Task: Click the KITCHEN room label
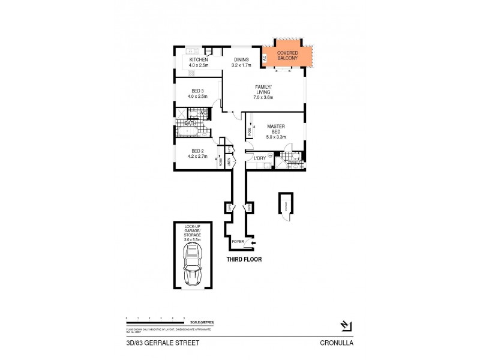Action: (x=199, y=60)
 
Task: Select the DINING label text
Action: (x=241, y=60)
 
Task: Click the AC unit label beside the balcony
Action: (x=263, y=59)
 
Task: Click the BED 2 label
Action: (x=199, y=151)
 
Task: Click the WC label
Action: (x=203, y=112)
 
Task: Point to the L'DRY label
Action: (x=260, y=158)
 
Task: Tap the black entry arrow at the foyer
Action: (x=254, y=243)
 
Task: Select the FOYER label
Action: (x=238, y=243)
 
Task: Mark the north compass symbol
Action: (x=345, y=326)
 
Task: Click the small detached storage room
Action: (x=286, y=206)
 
